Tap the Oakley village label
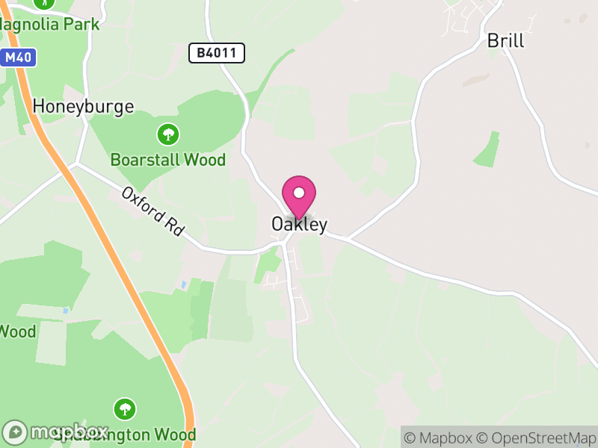[x=299, y=224]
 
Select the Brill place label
[x=505, y=40]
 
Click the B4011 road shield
[x=216, y=52]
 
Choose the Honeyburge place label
[x=83, y=106]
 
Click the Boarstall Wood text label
[x=167, y=160]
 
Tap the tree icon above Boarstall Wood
[x=168, y=134]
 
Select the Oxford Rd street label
[x=152, y=211]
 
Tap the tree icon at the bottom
[x=125, y=408]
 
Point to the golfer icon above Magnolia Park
[x=45, y=3]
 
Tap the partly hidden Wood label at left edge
[x=17, y=331]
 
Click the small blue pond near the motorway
[x=184, y=284]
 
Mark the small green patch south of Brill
[x=487, y=149]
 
